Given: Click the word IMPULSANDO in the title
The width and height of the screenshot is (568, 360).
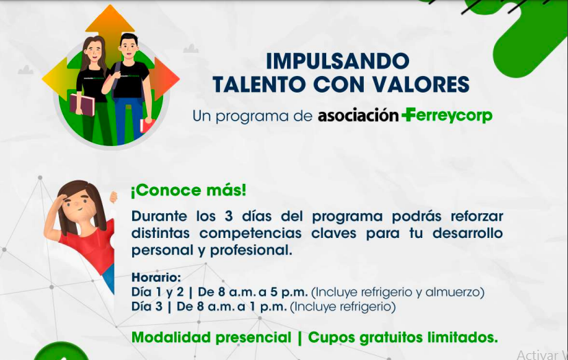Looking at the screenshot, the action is [x=338, y=61].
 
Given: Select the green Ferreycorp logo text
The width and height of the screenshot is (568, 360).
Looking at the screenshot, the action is [x=447, y=116].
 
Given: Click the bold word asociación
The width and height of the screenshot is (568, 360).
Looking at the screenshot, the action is [x=358, y=116].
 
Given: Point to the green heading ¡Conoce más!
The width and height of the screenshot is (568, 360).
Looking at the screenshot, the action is [x=188, y=191].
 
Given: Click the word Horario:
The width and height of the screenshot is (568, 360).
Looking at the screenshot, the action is [x=156, y=277].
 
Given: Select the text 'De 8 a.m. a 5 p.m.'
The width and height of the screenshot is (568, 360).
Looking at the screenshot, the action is [x=253, y=292].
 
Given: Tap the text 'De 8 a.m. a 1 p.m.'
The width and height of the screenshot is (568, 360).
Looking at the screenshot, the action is [x=232, y=307].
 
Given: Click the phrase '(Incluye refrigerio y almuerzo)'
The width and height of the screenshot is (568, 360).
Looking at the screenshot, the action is [x=398, y=292].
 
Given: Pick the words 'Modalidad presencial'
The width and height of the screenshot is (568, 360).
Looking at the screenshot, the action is [x=211, y=337].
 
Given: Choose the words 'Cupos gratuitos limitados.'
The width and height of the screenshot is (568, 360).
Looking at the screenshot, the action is [x=403, y=337].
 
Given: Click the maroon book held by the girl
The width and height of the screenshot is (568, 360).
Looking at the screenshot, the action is [x=82, y=105].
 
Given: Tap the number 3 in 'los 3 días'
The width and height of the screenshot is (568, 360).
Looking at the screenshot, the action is [x=229, y=216].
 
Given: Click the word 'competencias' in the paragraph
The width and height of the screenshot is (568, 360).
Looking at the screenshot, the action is [x=250, y=233].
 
